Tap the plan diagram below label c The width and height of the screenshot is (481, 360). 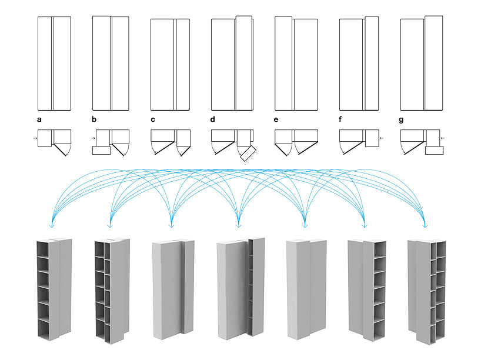[171, 141]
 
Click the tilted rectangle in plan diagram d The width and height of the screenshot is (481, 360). [248, 154]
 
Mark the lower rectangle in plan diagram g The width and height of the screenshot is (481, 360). [434, 149]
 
